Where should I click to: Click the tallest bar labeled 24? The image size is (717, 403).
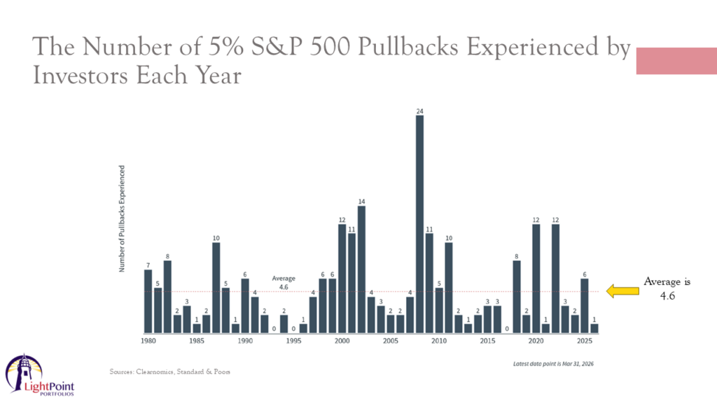(x=419, y=224)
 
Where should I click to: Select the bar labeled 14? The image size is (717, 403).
(x=361, y=269)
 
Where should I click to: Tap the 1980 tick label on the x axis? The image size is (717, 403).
(x=148, y=341)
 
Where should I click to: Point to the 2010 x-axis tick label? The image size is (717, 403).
(x=439, y=341)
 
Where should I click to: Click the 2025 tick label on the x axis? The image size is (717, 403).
(x=585, y=341)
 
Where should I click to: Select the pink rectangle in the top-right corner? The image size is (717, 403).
(x=676, y=61)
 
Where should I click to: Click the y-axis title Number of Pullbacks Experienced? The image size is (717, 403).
(x=122, y=218)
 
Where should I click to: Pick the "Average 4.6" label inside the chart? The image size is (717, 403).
(x=284, y=282)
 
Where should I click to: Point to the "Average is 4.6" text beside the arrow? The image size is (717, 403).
(x=667, y=288)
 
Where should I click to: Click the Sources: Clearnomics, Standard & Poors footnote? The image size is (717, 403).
(x=170, y=372)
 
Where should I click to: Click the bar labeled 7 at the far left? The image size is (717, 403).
(x=148, y=302)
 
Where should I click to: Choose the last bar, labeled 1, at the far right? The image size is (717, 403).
(x=594, y=328)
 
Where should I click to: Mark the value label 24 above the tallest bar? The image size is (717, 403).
(x=419, y=111)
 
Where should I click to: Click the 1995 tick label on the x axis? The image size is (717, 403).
(x=293, y=341)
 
